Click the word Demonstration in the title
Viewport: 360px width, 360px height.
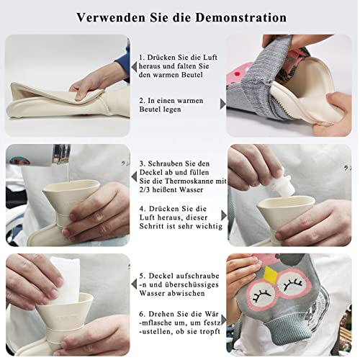pos(241,17)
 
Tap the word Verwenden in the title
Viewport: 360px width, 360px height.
pos(111,17)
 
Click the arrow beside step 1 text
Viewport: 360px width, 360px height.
pos(134,67)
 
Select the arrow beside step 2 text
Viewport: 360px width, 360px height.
pos(223,104)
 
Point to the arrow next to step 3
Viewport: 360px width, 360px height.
pos(134,177)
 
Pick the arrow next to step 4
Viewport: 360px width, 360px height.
pos(224,215)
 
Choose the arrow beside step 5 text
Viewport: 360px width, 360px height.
pos(134,284)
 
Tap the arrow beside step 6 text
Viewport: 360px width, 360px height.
pos(224,320)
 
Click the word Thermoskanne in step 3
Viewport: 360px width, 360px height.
pos(189,181)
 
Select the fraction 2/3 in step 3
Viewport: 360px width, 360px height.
pos(145,189)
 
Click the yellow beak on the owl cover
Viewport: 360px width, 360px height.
pos(270,274)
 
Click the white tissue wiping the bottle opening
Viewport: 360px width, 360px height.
pos(64,280)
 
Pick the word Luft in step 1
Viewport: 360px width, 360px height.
pos(210,58)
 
